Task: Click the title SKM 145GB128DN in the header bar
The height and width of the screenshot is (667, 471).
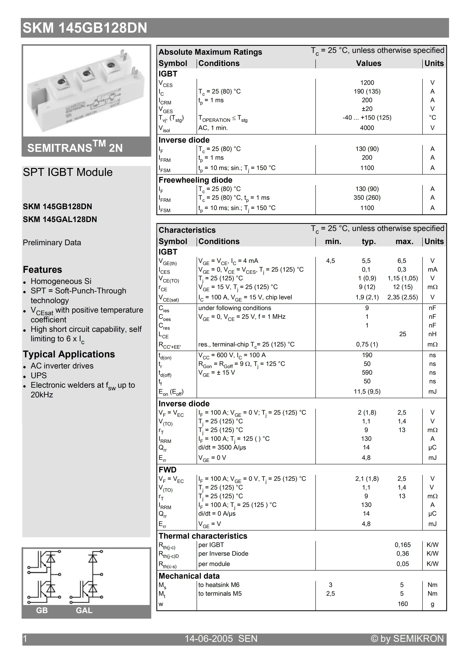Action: (x=85, y=28)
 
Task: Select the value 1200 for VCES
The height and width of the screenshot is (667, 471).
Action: (x=367, y=83)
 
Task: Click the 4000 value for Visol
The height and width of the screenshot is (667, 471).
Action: (x=367, y=128)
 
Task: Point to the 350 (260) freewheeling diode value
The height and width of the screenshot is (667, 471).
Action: (x=367, y=198)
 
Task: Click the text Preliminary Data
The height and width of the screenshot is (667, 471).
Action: (x=52, y=242)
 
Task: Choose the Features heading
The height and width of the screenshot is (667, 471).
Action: (x=42, y=270)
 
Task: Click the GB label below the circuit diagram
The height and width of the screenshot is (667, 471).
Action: (x=42, y=610)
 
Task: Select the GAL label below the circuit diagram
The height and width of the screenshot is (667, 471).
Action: (x=84, y=610)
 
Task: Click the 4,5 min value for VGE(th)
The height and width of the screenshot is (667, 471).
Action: (x=330, y=261)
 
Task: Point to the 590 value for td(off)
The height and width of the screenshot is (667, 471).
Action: (x=367, y=372)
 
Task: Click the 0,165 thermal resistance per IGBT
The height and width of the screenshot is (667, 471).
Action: (x=402, y=545)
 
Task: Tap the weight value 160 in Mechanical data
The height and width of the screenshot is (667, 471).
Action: (x=402, y=604)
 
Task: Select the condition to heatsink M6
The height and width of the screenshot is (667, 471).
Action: (x=219, y=585)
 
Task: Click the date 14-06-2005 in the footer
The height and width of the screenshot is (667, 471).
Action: (x=209, y=638)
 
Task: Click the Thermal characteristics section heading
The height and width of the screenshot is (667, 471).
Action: (x=203, y=536)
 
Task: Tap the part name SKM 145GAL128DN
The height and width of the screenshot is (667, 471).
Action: (x=60, y=219)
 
